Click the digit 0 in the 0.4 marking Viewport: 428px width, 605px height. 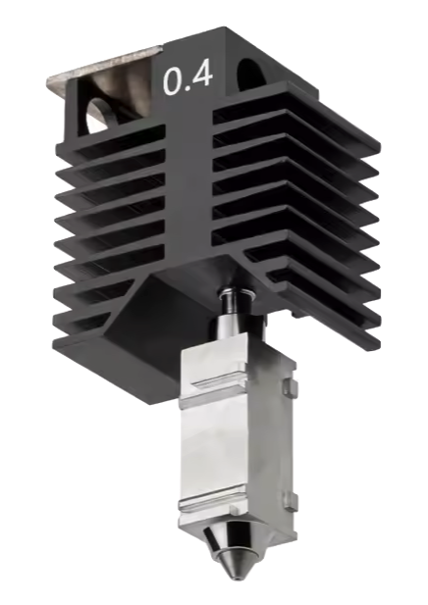coord(173,81)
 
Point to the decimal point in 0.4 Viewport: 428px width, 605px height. coord(187,90)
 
